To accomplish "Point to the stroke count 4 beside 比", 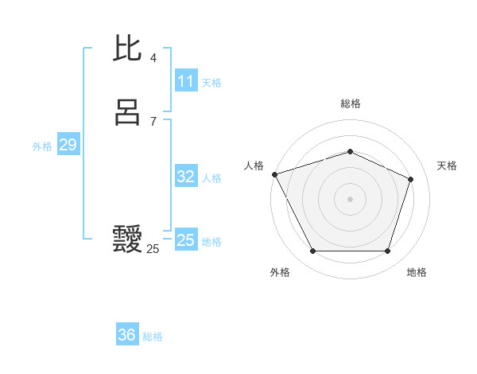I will [x=153, y=58].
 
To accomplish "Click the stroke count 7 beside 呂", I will [x=153, y=122].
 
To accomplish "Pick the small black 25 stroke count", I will [x=153, y=249].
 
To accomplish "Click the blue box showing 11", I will [x=185, y=81].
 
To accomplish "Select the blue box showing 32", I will [x=185, y=177].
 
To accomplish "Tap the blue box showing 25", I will [x=185, y=240].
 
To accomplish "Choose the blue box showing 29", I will [x=68, y=145].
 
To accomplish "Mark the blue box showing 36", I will [x=127, y=335].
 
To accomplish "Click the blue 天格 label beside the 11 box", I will [x=211, y=82].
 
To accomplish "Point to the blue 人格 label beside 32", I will [x=211, y=178].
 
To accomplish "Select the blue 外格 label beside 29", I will [x=42, y=146].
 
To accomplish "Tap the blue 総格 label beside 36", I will [x=153, y=337].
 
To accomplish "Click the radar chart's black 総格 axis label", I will [x=350, y=103].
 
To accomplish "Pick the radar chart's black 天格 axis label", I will [x=447, y=166].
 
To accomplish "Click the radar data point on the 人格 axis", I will [x=274, y=174].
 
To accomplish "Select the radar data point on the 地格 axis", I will [x=387, y=251].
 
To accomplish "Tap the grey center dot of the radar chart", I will [x=350, y=198].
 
